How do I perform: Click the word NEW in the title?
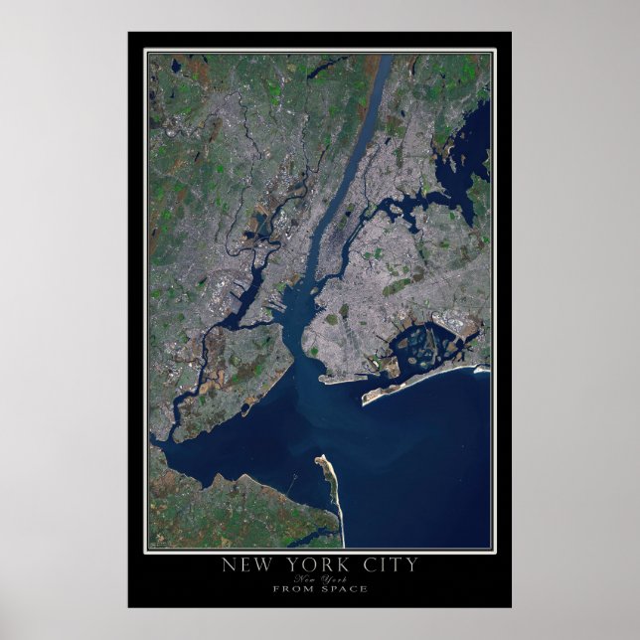pyautogui.click(x=247, y=565)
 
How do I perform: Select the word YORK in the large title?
pyautogui.click(x=314, y=565)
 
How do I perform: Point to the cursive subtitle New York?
pyautogui.click(x=319, y=578)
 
